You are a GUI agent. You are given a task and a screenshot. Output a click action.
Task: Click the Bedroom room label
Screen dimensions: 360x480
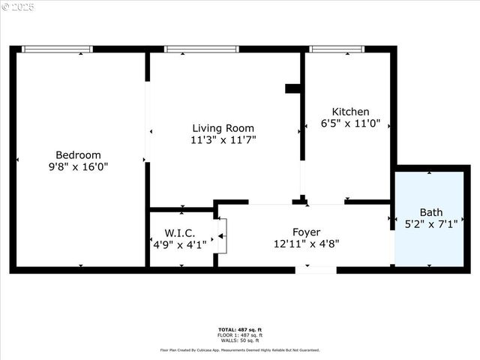tap(78, 155)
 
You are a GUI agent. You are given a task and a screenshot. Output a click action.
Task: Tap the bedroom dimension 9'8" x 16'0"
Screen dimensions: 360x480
tap(78, 167)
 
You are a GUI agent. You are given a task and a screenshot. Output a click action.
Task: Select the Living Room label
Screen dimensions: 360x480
tap(223, 128)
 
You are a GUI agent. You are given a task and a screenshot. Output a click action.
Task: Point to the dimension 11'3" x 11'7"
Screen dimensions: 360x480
tap(223, 140)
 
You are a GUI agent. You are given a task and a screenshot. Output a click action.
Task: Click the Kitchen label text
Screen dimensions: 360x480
tap(350, 112)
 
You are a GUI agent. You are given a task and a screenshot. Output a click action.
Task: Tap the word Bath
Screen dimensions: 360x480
tap(431, 211)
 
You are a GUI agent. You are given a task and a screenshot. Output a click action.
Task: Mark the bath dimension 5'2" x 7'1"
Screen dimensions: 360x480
tap(431, 223)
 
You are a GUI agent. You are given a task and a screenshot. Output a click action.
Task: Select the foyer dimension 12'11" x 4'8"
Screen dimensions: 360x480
tap(307, 243)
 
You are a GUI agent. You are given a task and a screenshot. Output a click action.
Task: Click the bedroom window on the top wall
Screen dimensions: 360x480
tap(57, 49)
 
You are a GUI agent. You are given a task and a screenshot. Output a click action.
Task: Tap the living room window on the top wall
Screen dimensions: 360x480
tap(201, 49)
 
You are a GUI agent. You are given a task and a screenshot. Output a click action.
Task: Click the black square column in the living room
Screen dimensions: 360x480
tap(292, 88)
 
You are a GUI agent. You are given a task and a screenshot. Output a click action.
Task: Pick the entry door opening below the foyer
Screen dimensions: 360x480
tap(315, 269)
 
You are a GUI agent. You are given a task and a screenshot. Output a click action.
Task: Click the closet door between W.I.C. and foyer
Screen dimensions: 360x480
tap(221, 236)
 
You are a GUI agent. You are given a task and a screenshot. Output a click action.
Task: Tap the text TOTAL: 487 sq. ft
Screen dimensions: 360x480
tap(240, 330)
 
